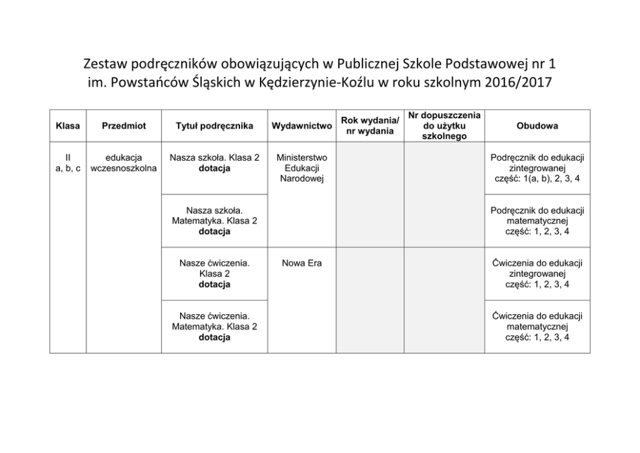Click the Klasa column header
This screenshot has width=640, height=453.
tap(68, 126)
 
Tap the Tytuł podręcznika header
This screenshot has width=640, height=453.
tap(214, 126)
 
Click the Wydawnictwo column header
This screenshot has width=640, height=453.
tap(302, 126)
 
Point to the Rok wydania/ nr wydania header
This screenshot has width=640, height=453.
tap(370, 126)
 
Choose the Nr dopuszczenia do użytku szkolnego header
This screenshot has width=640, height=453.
tap(444, 126)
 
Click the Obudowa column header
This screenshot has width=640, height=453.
tap(537, 126)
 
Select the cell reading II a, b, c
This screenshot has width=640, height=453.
tap(68, 163)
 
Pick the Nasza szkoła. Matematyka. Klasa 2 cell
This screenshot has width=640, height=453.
tap(214, 221)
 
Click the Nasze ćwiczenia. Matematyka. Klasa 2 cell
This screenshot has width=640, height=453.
tap(214, 327)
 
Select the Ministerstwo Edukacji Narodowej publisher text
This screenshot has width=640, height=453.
tap(302, 168)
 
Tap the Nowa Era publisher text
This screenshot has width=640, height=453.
tap(302, 263)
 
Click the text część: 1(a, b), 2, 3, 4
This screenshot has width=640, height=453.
tap(537, 179)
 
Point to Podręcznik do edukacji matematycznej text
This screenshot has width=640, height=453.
tap(537, 216)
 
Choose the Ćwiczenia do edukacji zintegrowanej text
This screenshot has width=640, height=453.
tap(537, 268)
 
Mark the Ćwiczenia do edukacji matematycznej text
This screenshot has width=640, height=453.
tap(537, 321)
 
